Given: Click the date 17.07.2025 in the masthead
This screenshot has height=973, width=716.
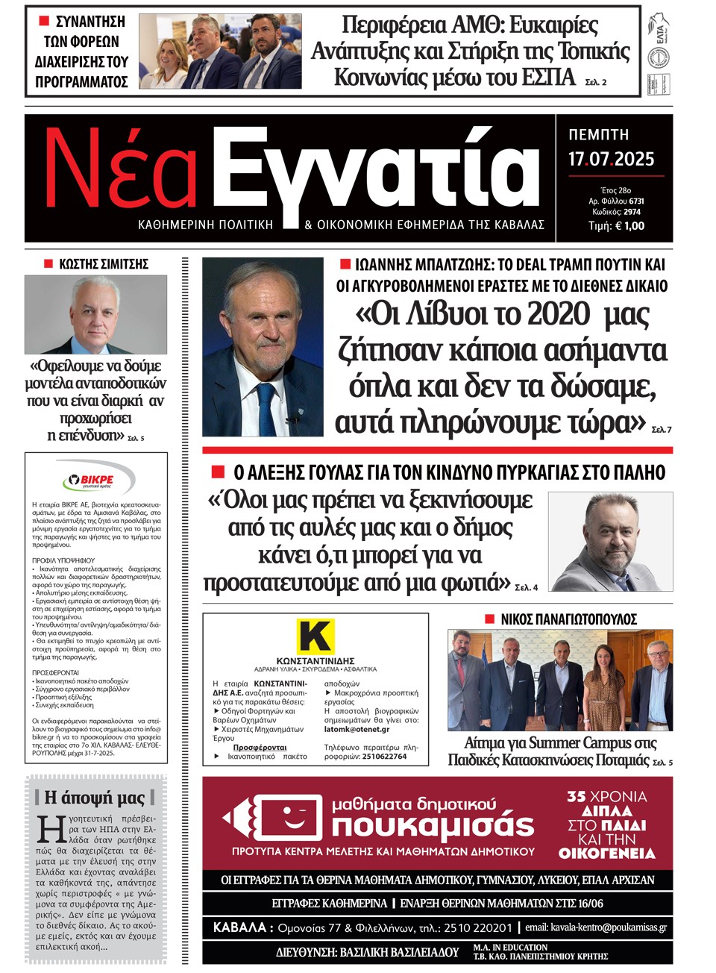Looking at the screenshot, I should [x=611, y=159].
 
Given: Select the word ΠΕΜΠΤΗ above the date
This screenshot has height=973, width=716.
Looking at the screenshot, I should [x=599, y=135].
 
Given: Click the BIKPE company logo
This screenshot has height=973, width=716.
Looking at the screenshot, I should [x=96, y=480].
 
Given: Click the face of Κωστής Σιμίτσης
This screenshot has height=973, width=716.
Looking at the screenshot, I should [x=95, y=306].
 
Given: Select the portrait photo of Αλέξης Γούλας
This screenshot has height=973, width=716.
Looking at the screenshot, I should [x=611, y=541].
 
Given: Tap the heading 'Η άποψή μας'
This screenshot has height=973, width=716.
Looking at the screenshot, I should [x=95, y=797].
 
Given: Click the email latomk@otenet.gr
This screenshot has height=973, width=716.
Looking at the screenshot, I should [x=357, y=729].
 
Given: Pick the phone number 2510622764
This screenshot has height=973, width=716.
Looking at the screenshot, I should [x=384, y=756].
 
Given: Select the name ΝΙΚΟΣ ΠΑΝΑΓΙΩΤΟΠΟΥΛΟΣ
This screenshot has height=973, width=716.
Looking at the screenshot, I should [x=568, y=619].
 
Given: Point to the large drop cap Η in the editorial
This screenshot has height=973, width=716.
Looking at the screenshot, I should [x=51, y=830].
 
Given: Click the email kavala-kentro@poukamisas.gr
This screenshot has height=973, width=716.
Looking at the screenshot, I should [x=609, y=927].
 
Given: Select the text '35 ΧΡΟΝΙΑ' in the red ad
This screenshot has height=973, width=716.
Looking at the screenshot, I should [x=606, y=796].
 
